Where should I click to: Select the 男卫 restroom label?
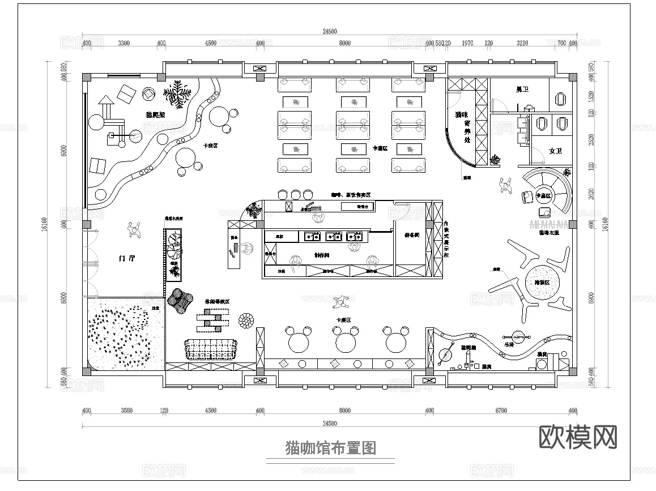[522, 89]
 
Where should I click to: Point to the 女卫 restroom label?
[555, 151]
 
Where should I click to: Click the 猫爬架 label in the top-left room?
[155, 114]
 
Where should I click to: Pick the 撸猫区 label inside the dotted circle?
[543, 282]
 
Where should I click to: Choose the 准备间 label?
[412, 234]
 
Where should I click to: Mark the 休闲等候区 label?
[217, 302]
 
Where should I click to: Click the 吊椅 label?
[509, 344]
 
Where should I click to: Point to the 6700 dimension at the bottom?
[501, 411]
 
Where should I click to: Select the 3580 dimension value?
[126, 411]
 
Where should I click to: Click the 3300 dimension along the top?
[123, 43]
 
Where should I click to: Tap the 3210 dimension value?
[522, 43]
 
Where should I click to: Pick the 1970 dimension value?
[468, 43]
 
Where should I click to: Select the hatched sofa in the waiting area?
[210, 349]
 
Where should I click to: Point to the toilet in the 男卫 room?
[561, 98]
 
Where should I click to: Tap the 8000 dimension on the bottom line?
[344, 411]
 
